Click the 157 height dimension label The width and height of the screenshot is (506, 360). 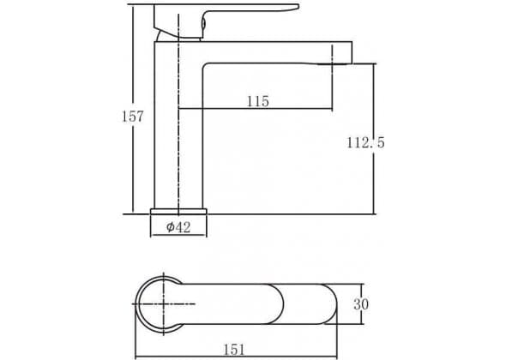click(132, 117)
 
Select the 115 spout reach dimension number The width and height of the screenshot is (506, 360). click(258, 101)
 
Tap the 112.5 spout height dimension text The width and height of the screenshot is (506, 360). click(365, 142)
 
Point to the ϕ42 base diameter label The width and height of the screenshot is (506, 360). click(178, 227)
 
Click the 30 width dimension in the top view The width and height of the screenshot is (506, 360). click(361, 304)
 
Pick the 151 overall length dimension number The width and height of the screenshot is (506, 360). click(235, 350)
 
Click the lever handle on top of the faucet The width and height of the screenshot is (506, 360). click(226, 20)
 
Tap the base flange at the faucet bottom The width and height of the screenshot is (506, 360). click(178, 212)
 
